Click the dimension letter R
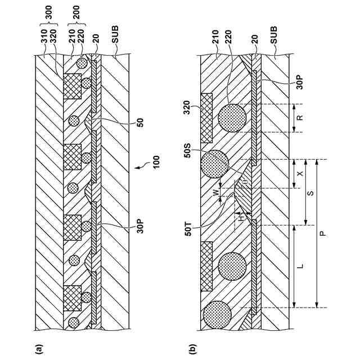tap(300, 118)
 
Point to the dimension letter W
tap(215, 192)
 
